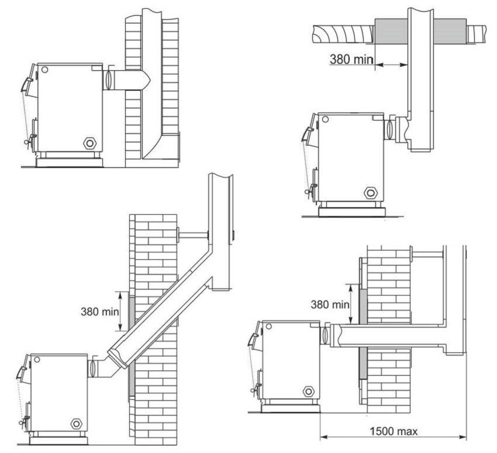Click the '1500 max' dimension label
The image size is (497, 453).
click(x=394, y=432)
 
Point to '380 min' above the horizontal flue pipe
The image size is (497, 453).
click(x=329, y=304)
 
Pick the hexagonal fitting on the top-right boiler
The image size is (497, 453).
click(x=370, y=192)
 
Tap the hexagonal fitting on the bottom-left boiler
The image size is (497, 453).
click(x=75, y=423)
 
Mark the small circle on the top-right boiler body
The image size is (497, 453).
click(x=325, y=119)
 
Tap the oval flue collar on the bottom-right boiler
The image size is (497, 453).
click(x=325, y=335)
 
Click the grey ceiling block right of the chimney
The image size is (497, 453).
click(x=450, y=29)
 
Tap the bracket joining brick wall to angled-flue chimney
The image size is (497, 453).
click(x=193, y=235)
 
